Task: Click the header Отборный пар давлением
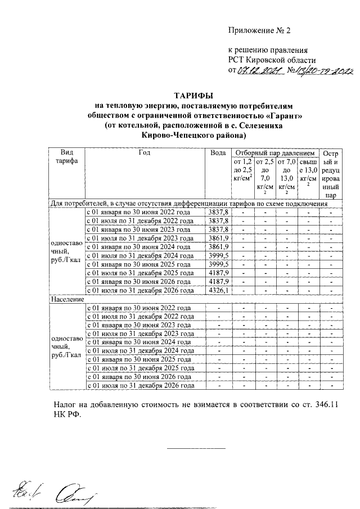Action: [274, 152]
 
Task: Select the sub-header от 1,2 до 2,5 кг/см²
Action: [242, 170]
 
